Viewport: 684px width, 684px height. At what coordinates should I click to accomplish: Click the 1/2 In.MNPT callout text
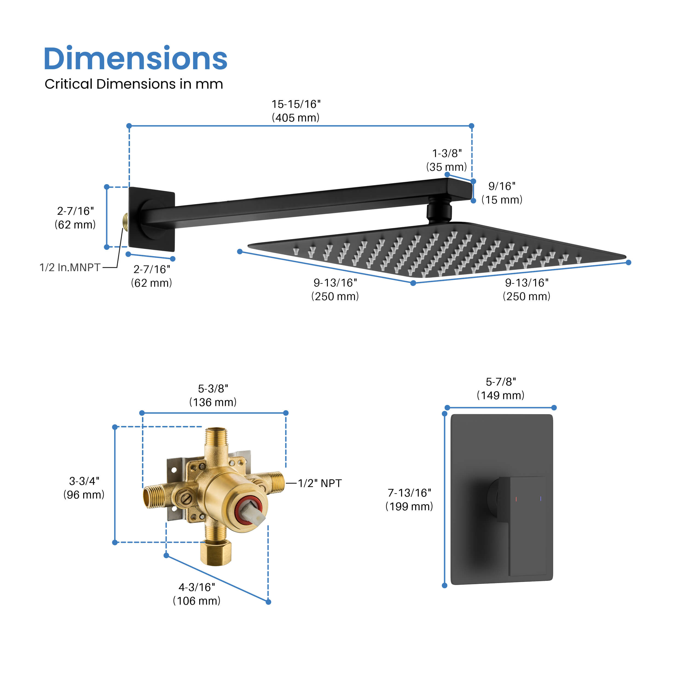(x=70, y=268)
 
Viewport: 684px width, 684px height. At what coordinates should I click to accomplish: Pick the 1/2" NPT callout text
(x=320, y=483)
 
